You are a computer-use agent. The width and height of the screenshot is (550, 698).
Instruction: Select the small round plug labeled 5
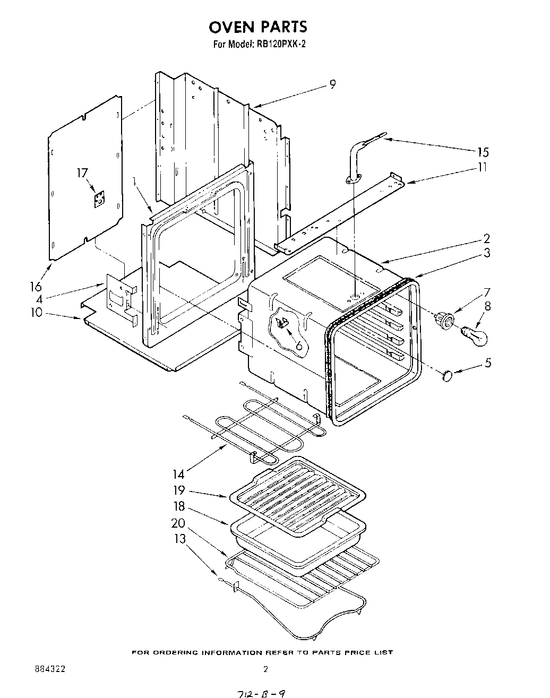(x=446, y=376)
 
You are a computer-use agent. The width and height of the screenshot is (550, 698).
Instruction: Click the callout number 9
(x=332, y=84)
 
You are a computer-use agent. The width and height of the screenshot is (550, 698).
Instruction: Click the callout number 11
(x=482, y=167)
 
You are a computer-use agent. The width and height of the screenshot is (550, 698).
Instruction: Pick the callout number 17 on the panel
(x=82, y=173)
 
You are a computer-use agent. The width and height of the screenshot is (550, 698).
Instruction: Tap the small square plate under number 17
(x=98, y=200)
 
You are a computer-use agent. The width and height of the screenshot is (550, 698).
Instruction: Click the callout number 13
(x=180, y=539)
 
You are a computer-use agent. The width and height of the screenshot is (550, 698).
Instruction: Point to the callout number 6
(x=299, y=346)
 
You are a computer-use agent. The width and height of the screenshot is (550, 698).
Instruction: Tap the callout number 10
(x=36, y=312)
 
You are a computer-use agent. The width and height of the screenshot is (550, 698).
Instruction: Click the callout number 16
(x=36, y=286)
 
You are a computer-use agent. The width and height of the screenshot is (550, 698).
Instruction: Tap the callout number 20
(x=178, y=523)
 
